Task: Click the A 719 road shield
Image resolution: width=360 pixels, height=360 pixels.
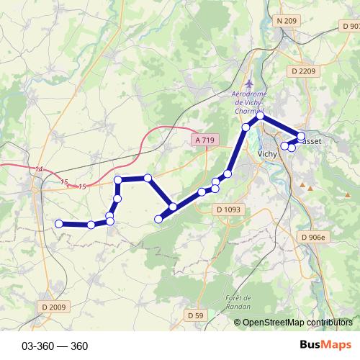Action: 205,140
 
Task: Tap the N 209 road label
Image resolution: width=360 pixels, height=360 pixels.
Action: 287,21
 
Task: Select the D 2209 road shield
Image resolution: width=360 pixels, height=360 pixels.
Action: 305,71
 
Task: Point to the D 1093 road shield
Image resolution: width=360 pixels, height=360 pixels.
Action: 228,210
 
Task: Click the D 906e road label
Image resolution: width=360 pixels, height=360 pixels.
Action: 314,237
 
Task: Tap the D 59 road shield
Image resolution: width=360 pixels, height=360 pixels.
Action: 195,315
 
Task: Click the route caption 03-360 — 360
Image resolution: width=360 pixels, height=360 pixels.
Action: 55,346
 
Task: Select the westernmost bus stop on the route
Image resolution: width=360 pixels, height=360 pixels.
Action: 59,224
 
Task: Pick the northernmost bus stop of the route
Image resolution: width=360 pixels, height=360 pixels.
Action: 261,116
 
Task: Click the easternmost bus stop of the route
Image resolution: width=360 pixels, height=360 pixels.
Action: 301,136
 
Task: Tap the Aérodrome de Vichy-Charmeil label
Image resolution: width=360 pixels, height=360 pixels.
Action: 249,103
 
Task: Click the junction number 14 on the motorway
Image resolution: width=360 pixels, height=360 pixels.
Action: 39,169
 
